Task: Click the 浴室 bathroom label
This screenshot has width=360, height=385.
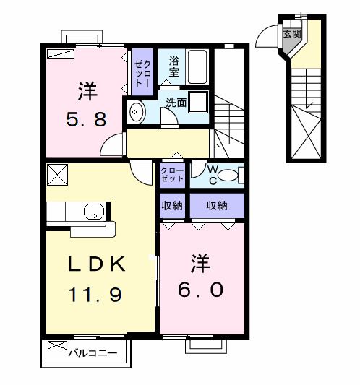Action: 174,66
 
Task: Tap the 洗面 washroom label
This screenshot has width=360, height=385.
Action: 176,103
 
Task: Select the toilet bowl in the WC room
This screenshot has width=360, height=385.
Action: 227,174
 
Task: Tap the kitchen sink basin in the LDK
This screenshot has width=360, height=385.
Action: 93,212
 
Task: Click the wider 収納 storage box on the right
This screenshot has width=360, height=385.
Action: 217,206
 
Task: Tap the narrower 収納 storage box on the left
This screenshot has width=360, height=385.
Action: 173,206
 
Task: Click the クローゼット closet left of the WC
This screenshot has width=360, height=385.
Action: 173,173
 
